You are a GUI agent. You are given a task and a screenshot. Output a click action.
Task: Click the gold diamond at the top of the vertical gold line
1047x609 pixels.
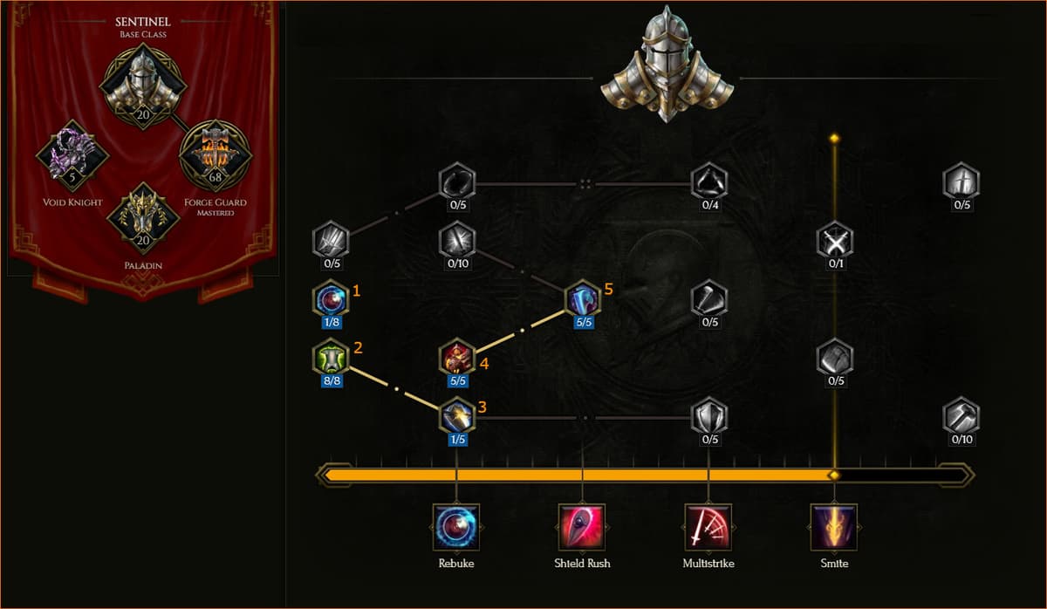[834, 139]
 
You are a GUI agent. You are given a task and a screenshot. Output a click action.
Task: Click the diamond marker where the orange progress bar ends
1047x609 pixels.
[834, 476]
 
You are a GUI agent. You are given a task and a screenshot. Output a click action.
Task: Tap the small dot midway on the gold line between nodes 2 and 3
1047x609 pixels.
[396, 389]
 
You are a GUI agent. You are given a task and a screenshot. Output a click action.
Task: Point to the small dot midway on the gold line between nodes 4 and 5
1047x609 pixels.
[522, 331]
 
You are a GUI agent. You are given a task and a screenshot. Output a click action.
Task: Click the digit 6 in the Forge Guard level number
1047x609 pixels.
[212, 177]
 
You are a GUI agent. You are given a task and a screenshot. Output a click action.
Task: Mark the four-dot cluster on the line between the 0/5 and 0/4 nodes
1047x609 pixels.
[585, 184]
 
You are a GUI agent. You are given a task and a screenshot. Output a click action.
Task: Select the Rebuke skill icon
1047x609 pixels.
[456, 527]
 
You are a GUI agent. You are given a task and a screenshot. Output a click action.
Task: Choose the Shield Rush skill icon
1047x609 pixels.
[582, 527]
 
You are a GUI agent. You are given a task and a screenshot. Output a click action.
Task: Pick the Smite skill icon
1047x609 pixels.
[834, 527]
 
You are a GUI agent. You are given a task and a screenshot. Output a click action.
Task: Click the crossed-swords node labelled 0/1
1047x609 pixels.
[835, 241]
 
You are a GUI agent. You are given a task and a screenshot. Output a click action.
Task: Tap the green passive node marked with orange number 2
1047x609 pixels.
[331, 358]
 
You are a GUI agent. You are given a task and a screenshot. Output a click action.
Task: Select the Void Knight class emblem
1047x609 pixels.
[72, 155]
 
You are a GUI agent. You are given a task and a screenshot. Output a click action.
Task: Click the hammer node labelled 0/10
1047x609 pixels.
[961, 416]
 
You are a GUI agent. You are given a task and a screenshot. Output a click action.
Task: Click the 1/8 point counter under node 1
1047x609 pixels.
[332, 322]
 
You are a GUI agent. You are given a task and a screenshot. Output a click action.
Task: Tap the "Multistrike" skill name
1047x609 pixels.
[708, 564]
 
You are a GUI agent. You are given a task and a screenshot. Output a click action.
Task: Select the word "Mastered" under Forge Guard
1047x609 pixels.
[215, 213]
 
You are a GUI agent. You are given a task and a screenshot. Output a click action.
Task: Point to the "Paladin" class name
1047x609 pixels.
[143, 265]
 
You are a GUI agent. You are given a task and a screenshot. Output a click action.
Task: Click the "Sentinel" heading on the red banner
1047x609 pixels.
[143, 22]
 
